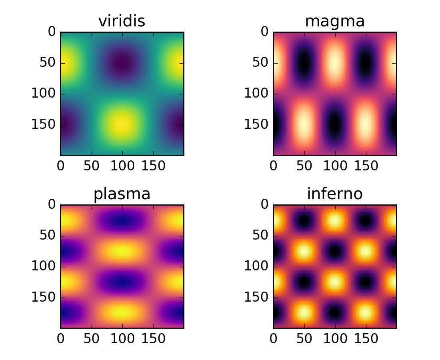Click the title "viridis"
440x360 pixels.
122,22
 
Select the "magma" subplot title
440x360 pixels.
335,22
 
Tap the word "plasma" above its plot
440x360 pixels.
122,194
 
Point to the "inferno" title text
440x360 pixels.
335,194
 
